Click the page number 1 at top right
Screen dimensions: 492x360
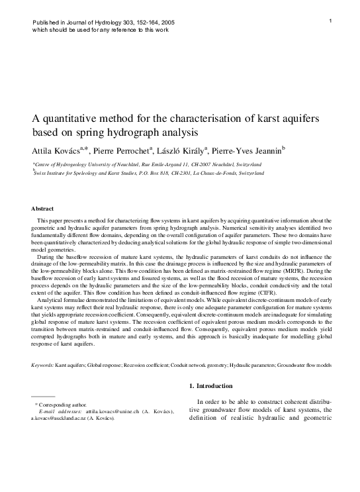pos(330,23)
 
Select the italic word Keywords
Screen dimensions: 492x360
pos(42,365)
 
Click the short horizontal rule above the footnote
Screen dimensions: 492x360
pos(43,397)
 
